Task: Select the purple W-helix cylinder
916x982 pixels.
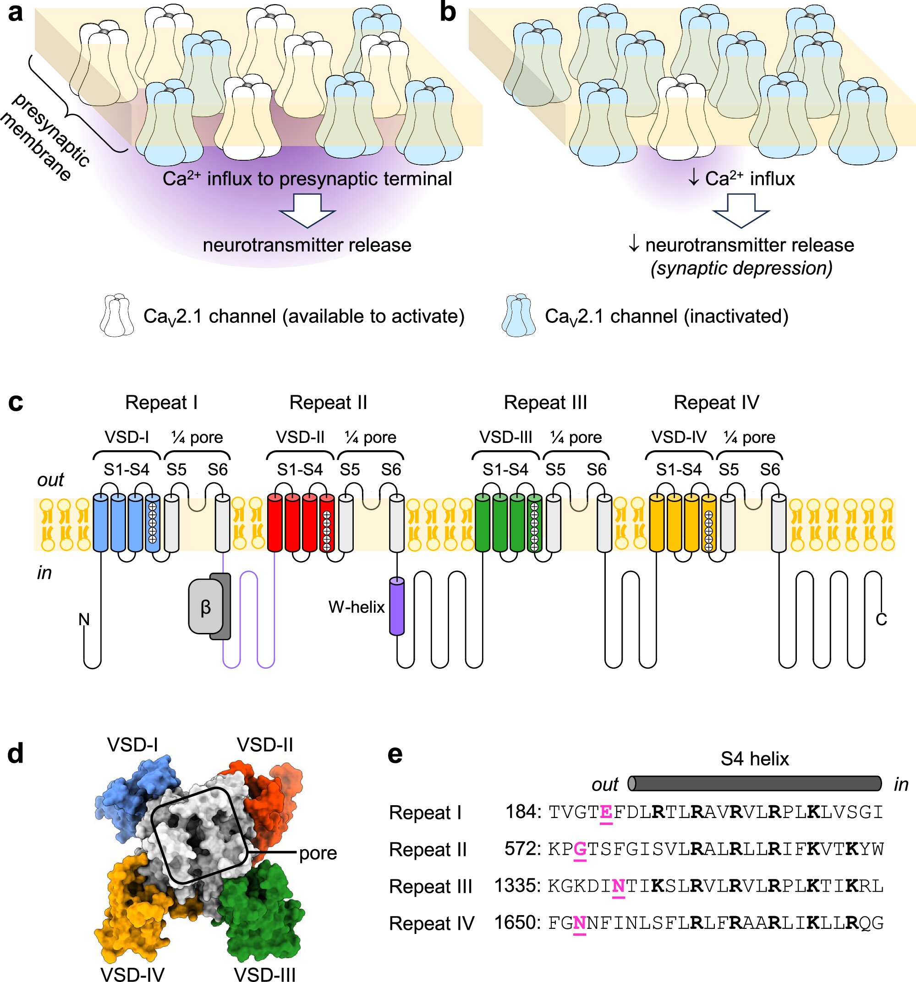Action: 397,606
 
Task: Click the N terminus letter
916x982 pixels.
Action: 84,619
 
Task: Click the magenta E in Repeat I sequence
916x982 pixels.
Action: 606,812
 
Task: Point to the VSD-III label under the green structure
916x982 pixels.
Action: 265,974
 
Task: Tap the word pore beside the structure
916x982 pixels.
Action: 318,854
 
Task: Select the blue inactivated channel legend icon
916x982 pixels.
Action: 518,316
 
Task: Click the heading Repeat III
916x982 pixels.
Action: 545,403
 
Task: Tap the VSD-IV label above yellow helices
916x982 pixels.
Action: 679,437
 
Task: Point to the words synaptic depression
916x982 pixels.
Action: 741,268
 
